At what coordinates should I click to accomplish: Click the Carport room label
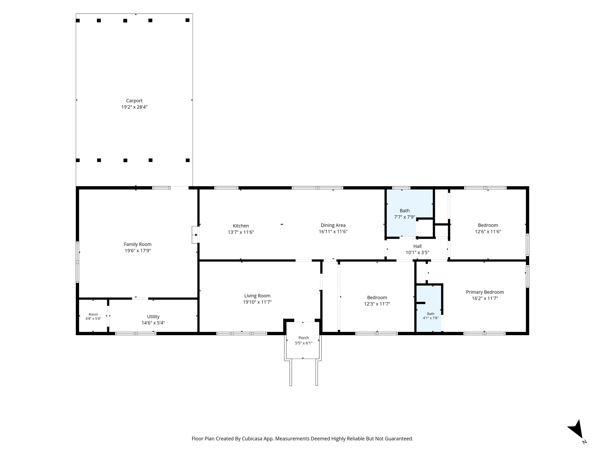134,101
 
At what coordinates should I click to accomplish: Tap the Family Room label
138,244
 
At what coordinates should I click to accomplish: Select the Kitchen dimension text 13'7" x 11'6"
241,232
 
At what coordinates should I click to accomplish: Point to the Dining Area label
333,226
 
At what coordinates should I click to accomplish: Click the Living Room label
257,296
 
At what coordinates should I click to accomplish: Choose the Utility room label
153,317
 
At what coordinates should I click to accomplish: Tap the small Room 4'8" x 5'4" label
93,317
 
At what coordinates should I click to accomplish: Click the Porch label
304,338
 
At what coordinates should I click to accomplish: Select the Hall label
417,246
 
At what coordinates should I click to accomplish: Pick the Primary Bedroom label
485,292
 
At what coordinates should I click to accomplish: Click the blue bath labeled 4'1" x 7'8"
429,309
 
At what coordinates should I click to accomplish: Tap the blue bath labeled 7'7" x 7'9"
409,213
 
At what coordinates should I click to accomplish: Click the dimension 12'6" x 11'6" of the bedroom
488,232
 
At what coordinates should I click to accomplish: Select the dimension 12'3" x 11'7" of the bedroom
377,304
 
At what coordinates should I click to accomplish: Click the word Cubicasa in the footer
253,439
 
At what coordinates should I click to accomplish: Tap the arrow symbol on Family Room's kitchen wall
196,235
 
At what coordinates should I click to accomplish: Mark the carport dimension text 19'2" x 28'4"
134,107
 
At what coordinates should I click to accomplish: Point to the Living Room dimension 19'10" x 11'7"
257,302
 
